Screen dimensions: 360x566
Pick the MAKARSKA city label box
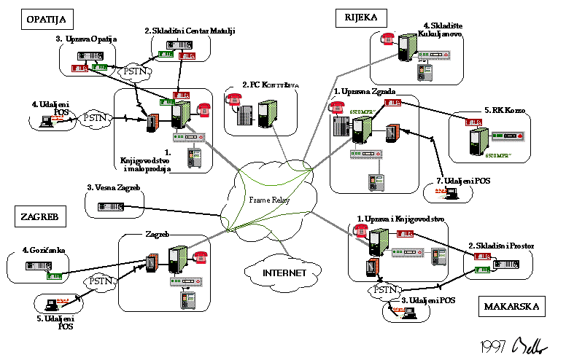tap(512, 307)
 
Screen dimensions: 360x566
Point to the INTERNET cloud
tap(283, 273)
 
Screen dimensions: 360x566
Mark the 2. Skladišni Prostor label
tap(501, 246)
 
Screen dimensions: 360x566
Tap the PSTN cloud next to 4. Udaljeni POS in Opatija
tap(96, 117)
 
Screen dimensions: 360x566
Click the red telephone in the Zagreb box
tap(201, 257)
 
